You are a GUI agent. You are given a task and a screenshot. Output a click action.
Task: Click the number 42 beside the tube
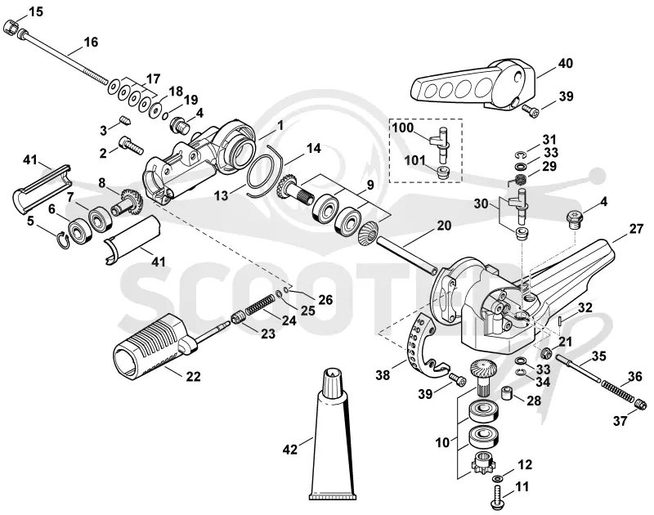pos(290,450)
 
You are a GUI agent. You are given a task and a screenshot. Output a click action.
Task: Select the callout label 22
pos(193,377)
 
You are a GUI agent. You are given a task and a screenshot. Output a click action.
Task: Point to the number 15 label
pos(36,11)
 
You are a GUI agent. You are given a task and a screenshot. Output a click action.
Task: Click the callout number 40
pos(566,64)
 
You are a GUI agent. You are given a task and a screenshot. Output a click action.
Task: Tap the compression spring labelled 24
pos(260,306)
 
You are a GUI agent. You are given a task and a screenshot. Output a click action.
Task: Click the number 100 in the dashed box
pos(402,128)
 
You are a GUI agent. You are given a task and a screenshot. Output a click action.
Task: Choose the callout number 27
pos(637,229)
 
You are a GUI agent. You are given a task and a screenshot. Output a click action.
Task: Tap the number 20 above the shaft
pos(444,226)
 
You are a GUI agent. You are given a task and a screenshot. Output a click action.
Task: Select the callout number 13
pos(222,195)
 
